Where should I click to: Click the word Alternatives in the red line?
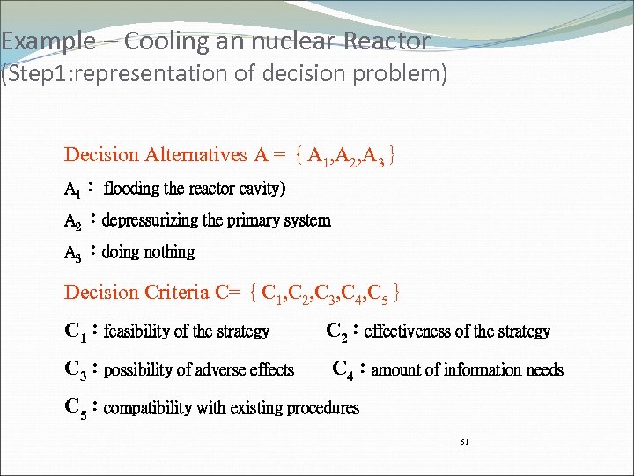pos(195,155)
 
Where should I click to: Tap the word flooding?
pos(132,189)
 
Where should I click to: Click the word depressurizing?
pos(151,220)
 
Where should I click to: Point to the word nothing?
pos(170,252)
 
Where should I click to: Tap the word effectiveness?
pos(406,331)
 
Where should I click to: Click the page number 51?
pos(465,442)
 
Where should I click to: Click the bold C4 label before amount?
pos(343,369)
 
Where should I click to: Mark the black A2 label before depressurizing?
pos(72,220)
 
